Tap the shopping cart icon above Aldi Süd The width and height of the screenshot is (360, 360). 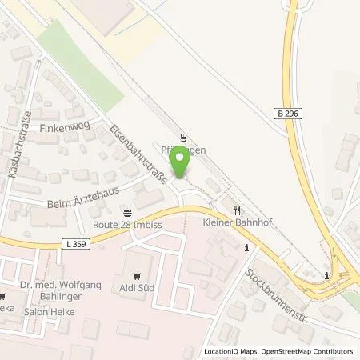146,273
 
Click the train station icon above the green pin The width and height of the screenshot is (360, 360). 182,137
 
